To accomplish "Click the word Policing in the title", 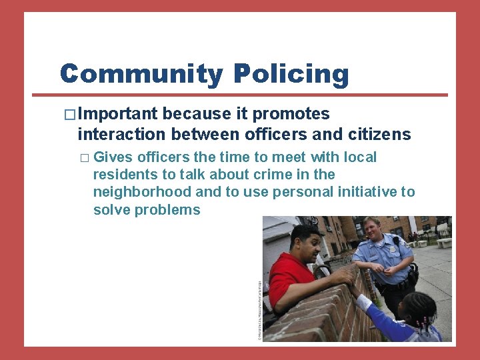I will point(291,75).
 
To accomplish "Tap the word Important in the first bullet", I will point(117,114).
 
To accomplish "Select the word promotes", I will point(295,114).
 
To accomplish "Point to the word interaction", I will point(121,134).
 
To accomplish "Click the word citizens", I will point(379,134).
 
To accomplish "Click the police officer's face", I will point(371,230).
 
